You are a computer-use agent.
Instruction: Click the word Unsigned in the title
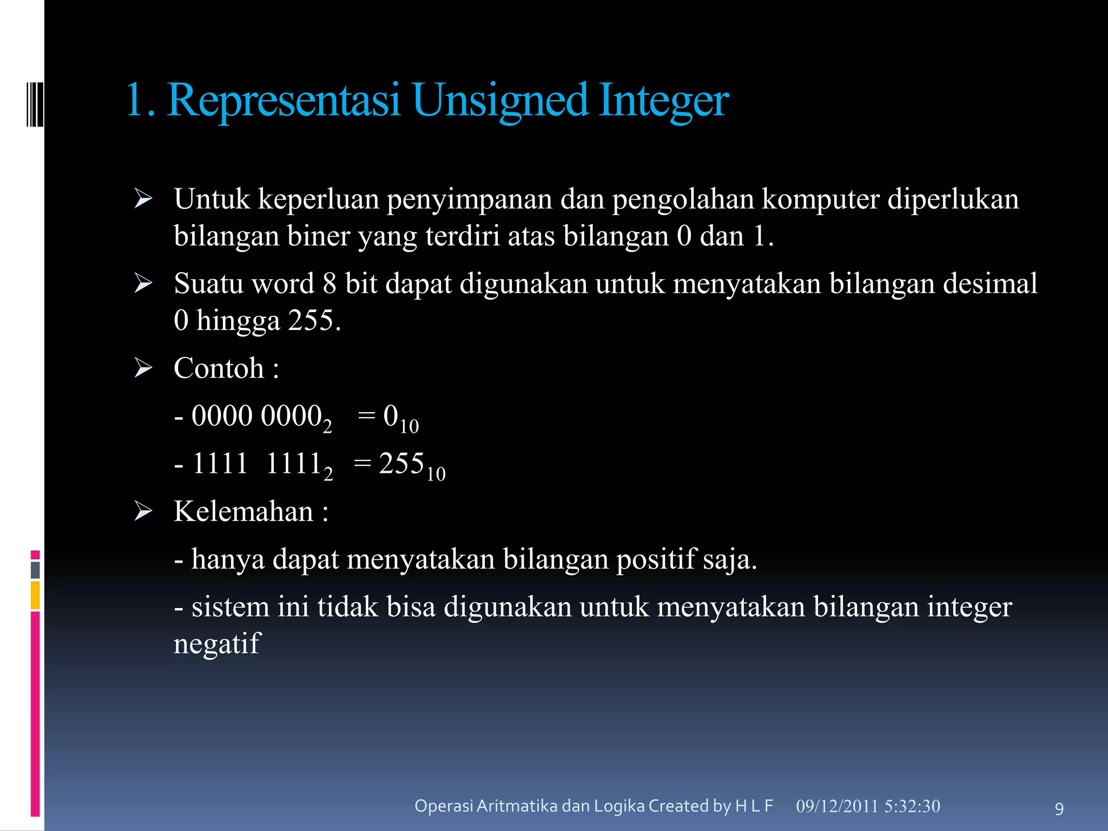[x=499, y=101]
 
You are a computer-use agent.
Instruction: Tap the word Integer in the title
[x=664, y=101]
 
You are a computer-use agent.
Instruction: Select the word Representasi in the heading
[x=283, y=101]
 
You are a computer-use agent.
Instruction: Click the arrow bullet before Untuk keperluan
[x=143, y=199]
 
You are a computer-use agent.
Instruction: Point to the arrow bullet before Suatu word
[x=143, y=283]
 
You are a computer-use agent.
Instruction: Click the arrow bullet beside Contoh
[x=143, y=368]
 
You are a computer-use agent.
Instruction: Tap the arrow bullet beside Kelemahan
[x=143, y=511]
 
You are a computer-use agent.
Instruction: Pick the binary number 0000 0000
[x=257, y=416]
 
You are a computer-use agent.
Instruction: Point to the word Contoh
[x=219, y=368]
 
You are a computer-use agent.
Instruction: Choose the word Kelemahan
[x=243, y=511]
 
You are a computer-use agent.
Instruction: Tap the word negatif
[x=217, y=644]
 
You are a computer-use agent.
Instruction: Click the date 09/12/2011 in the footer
[x=837, y=806]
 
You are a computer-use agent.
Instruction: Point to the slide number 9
[x=1059, y=809]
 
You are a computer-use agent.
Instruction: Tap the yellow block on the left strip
[x=35, y=595]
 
